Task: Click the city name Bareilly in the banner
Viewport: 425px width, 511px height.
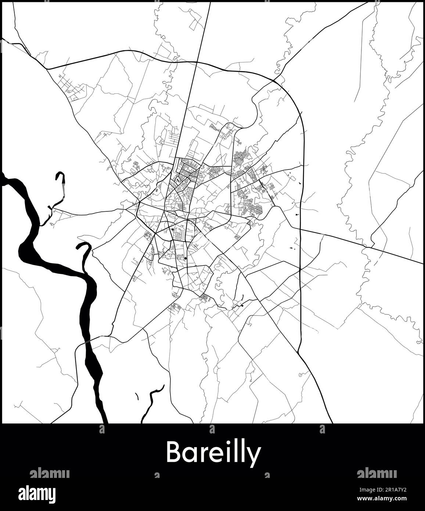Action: click(213, 453)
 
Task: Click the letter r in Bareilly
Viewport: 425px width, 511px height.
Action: click(202, 455)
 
